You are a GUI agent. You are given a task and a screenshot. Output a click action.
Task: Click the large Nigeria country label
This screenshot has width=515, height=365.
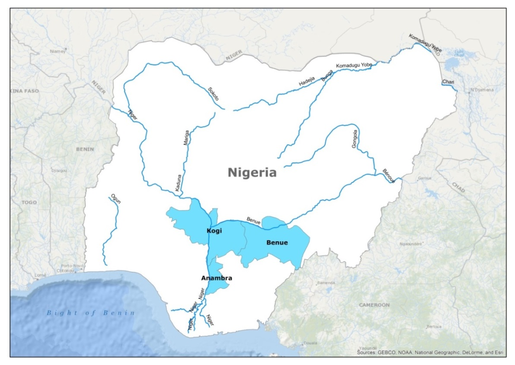pyautogui.click(x=252, y=173)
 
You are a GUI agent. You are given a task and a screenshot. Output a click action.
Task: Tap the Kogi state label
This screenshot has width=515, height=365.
pyautogui.click(x=214, y=231)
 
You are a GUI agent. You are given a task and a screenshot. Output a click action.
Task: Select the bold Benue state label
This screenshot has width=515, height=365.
pyautogui.click(x=277, y=243)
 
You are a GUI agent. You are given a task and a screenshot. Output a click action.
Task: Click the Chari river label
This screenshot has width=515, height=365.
pyautogui.click(x=448, y=82)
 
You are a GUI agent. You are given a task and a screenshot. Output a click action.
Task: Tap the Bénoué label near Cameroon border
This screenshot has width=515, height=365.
pyautogui.click(x=389, y=175)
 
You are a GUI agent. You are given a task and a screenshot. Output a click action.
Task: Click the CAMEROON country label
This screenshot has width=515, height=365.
pyautogui.click(x=374, y=305)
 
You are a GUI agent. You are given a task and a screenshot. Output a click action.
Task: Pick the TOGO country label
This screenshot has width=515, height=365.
pyautogui.click(x=29, y=202)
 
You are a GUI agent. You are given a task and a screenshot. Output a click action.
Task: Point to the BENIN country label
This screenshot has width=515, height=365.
pyautogui.click(x=84, y=149)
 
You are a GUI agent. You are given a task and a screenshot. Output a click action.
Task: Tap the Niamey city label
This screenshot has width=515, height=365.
pyautogui.click(x=58, y=51)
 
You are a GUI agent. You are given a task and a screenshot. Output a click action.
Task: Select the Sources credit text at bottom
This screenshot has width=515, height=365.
pyautogui.click(x=430, y=353)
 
